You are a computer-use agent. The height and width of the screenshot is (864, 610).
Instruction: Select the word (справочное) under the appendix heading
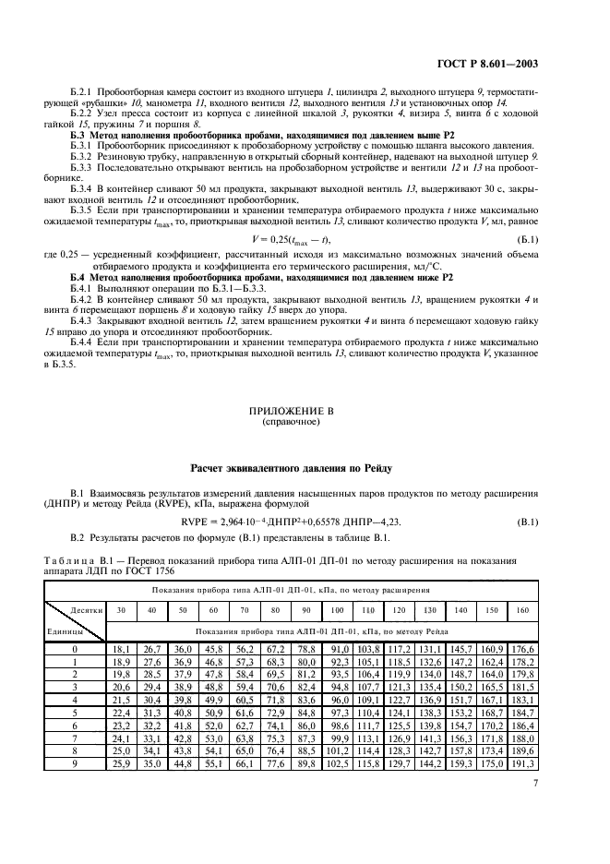point(305,422)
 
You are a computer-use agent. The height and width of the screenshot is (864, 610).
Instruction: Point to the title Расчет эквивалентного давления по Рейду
point(305,469)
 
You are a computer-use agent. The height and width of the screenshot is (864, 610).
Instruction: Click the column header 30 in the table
point(122,610)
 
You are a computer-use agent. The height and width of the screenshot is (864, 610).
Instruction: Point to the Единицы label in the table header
point(65,631)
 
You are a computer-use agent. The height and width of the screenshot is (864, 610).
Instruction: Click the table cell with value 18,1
point(122,649)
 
